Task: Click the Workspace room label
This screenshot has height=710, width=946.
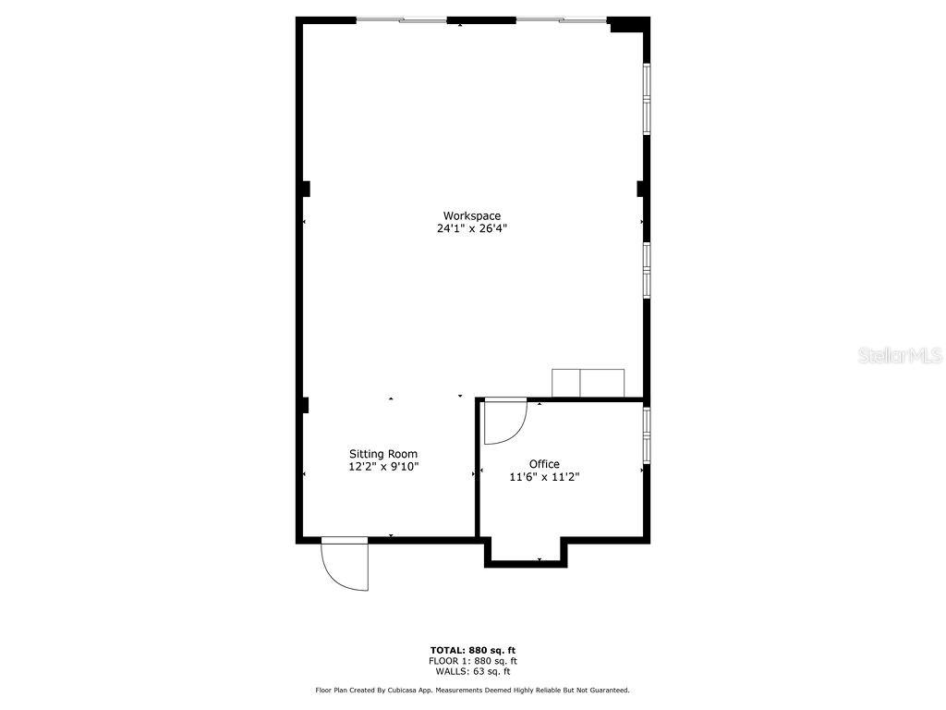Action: [471, 216]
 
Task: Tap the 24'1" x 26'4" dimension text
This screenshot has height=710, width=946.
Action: [472, 228]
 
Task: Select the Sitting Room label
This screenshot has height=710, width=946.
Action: [382, 454]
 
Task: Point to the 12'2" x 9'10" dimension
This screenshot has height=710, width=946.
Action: [382, 467]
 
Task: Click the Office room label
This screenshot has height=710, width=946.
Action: [544, 464]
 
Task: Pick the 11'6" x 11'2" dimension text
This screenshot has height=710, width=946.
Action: [544, 477]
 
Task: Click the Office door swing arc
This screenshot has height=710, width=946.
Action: [506, 422]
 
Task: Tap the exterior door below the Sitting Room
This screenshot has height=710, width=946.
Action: [345, 564]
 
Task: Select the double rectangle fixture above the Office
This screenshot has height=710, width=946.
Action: [588, 383]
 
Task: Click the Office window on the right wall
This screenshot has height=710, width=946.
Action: [647, 435]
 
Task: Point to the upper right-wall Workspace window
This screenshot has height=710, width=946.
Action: [647, 98]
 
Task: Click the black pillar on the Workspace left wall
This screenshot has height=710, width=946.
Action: [304, 189]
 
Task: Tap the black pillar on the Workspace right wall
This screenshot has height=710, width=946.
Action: [640, 189]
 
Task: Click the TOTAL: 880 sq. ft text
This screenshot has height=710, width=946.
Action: [472, 650]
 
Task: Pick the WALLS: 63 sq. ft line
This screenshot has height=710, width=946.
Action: [472, 672]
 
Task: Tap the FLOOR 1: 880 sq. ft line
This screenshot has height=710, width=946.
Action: [472, 661]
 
